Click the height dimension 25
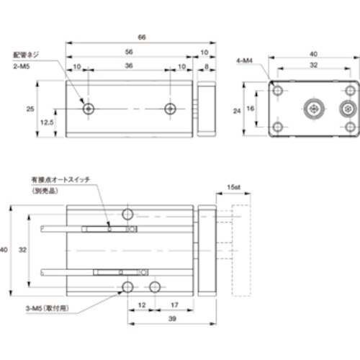click(30, 109)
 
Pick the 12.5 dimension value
click(47, 122)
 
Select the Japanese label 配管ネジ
click(27, 54)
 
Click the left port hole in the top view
click(88, 109)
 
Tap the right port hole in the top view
click(170, 109)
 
